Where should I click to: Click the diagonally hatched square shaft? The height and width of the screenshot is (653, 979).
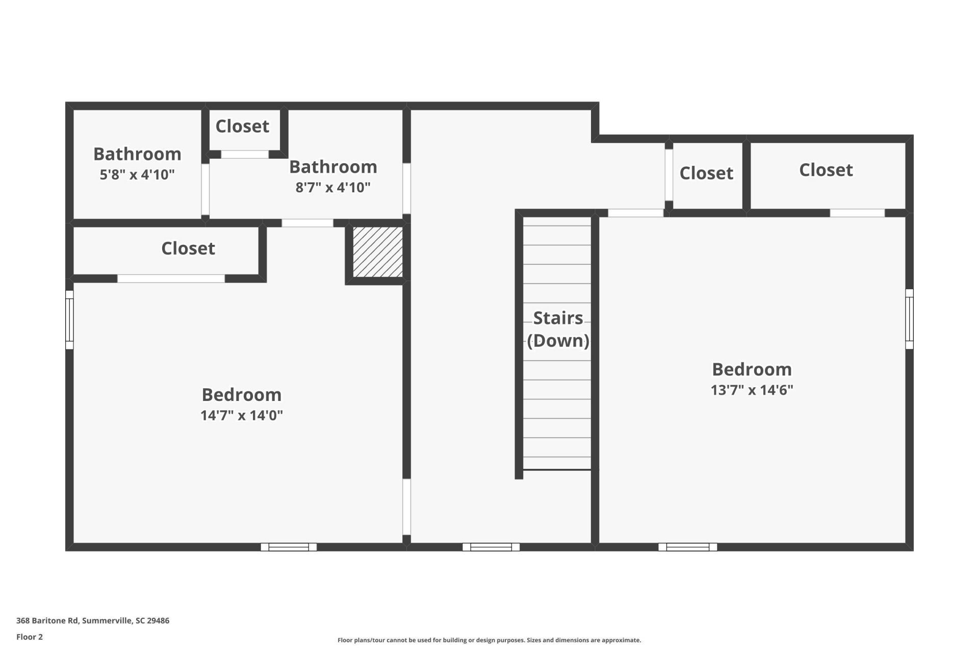pyautogui.click(x=378, y=252)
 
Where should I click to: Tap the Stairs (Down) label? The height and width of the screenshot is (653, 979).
pyautogui.click(x=558, y=329)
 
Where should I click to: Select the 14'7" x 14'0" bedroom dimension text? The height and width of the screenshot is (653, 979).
pyautogui.click(x=242, y=415)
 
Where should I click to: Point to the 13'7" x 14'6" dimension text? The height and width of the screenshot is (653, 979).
pyautogui.click(x=752, y=390)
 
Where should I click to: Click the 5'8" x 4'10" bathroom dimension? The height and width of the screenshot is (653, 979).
pyautogui.click(x=137, y=174)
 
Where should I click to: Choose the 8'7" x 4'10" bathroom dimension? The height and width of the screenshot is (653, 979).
pyautogui.click(x=333, y=187)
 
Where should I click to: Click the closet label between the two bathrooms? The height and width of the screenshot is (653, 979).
pyautogui.click(x=242, y=126)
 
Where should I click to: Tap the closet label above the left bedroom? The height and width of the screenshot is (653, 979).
pyautogui.click(x=188, y=248)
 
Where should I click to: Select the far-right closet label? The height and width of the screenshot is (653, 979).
pyautogui.click(x=826, y=170)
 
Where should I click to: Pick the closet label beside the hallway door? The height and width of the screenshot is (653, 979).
pyautogui.click(x=707, y=173)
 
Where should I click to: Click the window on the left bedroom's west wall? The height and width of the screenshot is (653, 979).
pyautogui.click(x=69, y=320)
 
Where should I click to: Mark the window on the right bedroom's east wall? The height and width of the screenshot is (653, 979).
pyautogui.click(x=909, y=319)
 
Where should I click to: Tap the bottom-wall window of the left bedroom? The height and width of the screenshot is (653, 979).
pyautogui.click(x=289, y=547)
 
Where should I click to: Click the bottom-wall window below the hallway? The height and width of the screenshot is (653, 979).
pyautogui.click(x=491, y=547)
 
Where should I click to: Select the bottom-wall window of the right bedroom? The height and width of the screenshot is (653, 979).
pyautogui.click(x=688, y=547)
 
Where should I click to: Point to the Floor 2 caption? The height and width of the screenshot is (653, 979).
pyautogui.click(x=30, y=637)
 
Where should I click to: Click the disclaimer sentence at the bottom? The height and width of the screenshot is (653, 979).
pyautogui.click(x=489, y=640)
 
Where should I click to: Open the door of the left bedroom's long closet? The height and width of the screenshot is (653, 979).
pyautogui.click(x=171, y=279)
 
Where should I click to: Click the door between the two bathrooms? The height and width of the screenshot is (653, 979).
pyautogui.click(x=205, y=189)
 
